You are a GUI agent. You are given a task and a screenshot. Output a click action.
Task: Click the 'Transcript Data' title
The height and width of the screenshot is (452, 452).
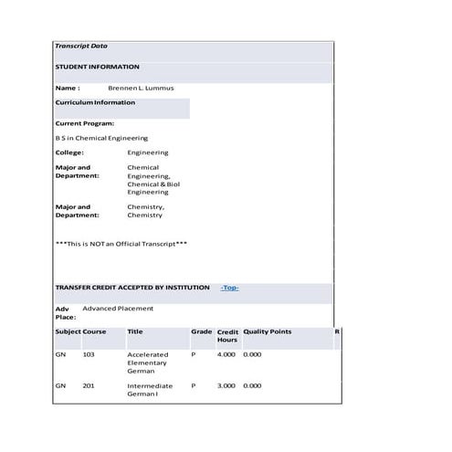click(80, 46)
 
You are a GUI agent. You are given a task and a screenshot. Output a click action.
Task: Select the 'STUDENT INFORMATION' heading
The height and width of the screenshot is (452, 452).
click(97, 67)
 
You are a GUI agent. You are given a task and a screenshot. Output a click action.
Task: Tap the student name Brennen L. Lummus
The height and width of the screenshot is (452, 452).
click(141, 88)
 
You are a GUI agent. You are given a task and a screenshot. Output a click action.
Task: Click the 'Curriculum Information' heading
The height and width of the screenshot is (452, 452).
click(95, 102)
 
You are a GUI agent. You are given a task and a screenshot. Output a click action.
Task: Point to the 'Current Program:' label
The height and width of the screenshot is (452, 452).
click(84, 122)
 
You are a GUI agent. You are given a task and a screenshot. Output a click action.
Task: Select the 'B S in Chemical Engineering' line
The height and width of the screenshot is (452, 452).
click(101, 138)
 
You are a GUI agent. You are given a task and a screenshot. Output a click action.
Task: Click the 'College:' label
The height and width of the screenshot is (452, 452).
click(69, 152)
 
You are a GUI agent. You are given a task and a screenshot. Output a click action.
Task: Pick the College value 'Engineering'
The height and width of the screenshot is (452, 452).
click(147, 152)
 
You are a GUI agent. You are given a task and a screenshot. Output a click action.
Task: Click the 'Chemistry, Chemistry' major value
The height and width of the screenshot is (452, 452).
click(145, 211)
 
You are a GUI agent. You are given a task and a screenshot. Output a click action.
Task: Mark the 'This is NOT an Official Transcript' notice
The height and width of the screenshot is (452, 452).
click(121, 244)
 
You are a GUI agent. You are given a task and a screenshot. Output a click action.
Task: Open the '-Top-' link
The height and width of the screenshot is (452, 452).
click(229, 288)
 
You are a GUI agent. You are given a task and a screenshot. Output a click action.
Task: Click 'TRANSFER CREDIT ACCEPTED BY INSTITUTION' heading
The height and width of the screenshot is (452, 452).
click(131, 288)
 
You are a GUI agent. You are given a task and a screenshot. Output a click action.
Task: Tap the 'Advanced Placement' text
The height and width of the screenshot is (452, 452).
click(118, 309)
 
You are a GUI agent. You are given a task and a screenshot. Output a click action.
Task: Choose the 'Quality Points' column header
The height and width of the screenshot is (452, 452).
click(267, 331)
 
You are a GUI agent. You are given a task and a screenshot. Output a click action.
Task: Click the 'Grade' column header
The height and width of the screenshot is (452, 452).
click(201, 331)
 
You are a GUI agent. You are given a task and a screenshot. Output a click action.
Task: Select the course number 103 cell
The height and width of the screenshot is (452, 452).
click(89, 354)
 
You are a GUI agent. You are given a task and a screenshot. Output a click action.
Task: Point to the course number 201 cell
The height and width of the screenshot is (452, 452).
click(89, 386)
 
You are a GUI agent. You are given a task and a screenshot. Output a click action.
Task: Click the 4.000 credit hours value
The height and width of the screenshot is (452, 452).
click(226, 354)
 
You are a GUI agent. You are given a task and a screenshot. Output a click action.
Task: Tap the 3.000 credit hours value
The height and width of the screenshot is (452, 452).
click(226, 386)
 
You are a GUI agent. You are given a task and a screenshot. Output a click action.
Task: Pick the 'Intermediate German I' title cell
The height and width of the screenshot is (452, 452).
click(150, 390)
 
